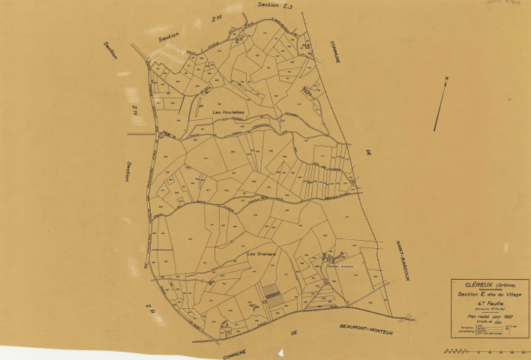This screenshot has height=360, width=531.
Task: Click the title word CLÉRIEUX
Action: point(474,286)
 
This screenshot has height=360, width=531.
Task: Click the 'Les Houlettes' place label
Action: point(229,112)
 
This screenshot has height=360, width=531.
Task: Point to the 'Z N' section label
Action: point(135,111)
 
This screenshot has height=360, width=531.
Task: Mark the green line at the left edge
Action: point(139,134)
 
